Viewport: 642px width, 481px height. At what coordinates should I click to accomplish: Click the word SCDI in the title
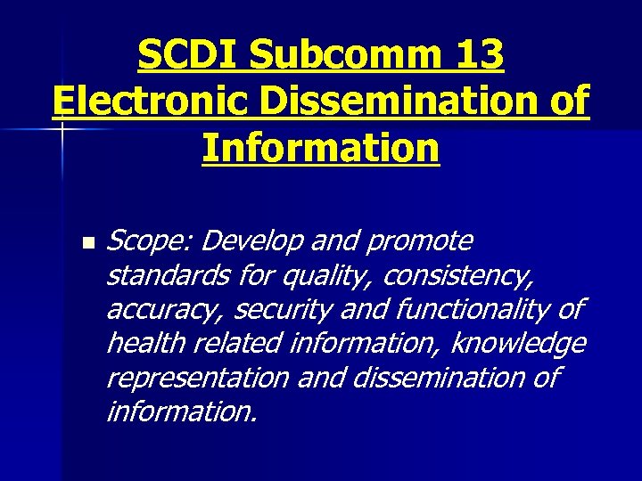click(x=188, y=57)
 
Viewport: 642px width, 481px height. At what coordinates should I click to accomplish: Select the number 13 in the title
click(x=478, y=57)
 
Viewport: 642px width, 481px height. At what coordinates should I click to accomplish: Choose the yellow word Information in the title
click(x=321, y=148)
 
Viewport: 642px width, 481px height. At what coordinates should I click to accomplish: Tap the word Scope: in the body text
click(x=149, y=241)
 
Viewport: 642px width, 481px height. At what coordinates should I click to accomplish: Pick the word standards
click(x=167, y=275)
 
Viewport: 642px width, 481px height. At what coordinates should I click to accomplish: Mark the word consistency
click(x=458, y=275)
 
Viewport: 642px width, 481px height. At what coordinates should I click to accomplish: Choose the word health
click(x=143, y=343)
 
